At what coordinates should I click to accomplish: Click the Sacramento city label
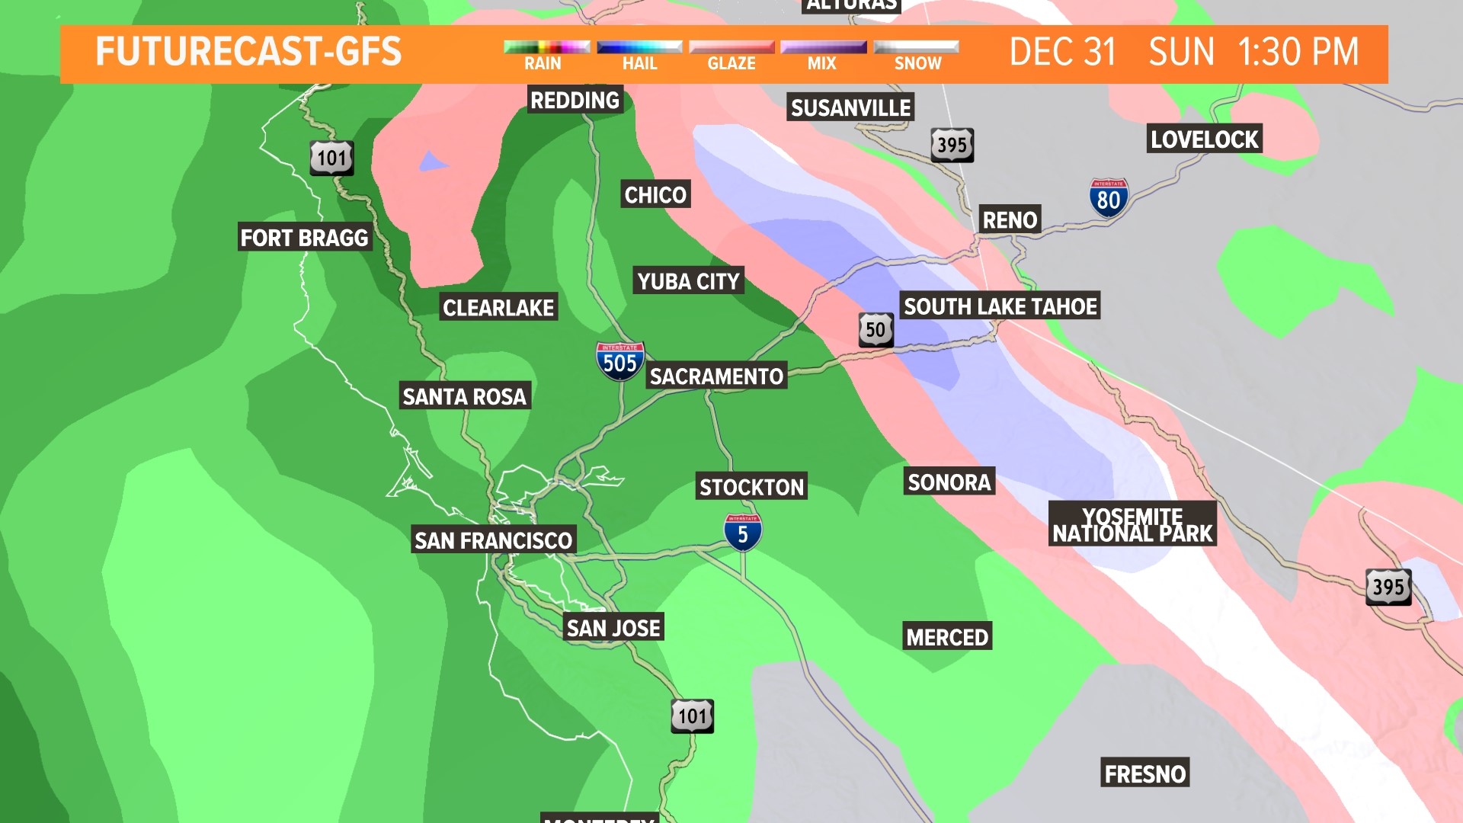[716, 376]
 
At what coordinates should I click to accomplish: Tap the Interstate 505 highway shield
[619, 361]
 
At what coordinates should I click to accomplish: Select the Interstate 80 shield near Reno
[1108, 199]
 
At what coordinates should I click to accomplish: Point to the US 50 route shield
[876, 330]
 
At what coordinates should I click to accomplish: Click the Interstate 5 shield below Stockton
[742, 532]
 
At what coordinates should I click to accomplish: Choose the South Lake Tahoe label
[1000, 306]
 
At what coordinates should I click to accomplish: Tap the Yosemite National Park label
[1132, 524]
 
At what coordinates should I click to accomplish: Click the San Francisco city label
[493, 540]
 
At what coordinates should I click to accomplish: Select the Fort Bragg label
[304, 238]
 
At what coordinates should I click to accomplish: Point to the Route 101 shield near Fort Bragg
[331, 158]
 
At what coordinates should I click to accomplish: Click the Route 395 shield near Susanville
[952, 145]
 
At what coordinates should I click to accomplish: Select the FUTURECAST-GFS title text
[248, 52]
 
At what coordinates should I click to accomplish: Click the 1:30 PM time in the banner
[1298, 53]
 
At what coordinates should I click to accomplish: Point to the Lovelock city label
[1204, 139]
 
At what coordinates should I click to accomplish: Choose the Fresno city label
[1144, 774]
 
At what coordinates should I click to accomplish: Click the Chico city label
[655, 195]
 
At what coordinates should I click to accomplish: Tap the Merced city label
[947, 637]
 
